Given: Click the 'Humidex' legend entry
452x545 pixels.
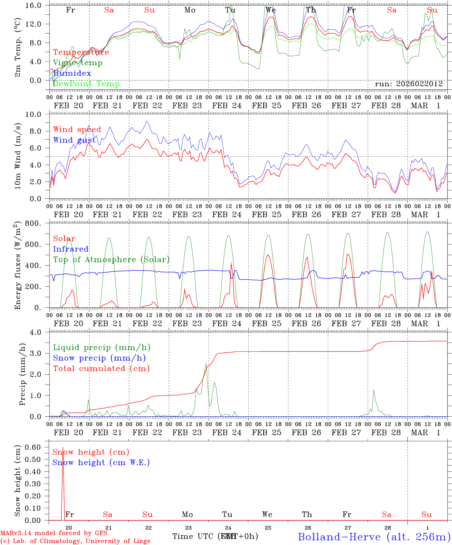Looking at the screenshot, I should point(72,73).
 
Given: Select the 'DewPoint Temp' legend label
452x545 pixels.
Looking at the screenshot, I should point(86,84).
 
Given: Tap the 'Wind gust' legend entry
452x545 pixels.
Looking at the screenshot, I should point(74,140).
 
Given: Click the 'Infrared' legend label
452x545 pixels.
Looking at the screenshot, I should point(71,249).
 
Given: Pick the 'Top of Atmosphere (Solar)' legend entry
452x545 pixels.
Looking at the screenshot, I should point(111,260).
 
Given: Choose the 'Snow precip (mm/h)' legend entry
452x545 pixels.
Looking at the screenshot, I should point(99,358).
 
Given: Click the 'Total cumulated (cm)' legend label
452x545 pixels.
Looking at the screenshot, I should point(101,369).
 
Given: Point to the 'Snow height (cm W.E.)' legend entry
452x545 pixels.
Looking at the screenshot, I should point(101,462).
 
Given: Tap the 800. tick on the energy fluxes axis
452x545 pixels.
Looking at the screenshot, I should point(37,223).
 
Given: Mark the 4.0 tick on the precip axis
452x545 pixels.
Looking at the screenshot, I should point(40,332).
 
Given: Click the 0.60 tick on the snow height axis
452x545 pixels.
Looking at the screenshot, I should point(34,447).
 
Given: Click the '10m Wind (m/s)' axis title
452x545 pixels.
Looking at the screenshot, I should point(17,156).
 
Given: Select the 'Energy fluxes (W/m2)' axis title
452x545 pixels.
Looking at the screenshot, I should point(17,265).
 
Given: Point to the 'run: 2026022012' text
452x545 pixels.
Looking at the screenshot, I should point(408,84).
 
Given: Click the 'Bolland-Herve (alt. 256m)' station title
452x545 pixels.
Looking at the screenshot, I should point(374,536).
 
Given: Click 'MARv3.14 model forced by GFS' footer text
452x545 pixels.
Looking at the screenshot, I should point(54,533).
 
